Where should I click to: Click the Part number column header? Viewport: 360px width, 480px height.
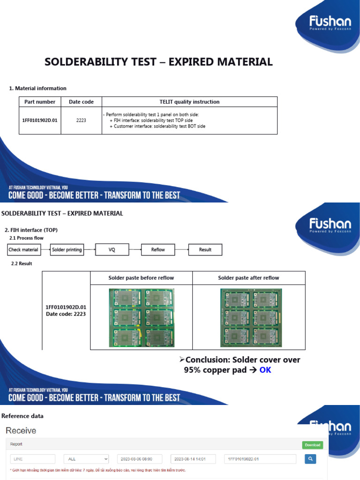point(40,102)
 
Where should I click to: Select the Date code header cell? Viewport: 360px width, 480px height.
point(81,102)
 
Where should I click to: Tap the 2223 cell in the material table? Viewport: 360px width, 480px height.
point(81,120)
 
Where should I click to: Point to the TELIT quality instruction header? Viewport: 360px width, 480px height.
point(189,102)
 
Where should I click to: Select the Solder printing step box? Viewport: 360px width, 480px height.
point(67,250)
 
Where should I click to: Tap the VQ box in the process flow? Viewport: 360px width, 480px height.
point(112,250)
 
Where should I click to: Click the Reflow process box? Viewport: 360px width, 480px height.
point(158,250)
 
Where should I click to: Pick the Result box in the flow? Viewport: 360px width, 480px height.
point(205,250)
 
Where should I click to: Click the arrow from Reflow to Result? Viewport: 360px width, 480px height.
point(182,250)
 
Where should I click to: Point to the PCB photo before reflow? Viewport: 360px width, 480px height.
point(141,317)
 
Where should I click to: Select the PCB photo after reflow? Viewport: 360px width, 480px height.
point(248,317)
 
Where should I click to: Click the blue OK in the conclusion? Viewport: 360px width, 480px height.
point(265,370)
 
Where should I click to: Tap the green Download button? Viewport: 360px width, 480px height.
point(313,445)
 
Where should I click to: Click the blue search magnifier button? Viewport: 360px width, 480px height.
point(310,459)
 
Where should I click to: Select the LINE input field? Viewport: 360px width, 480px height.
point(33,459)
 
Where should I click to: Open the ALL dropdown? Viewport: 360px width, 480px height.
point(87,459)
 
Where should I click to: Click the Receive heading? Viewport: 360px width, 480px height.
point(21,430)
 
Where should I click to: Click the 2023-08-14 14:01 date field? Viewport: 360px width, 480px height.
point(193,459)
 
